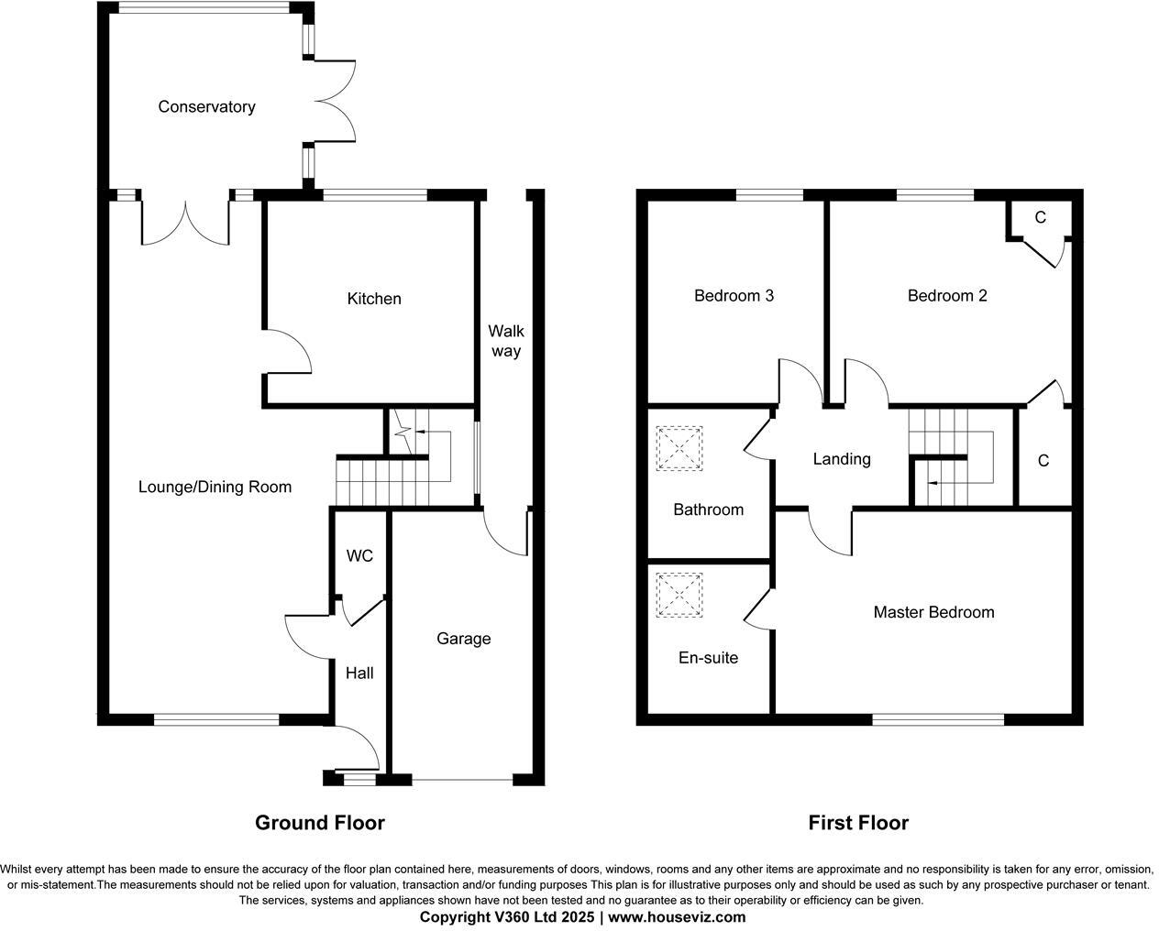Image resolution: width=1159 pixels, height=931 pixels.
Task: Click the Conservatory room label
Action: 206,107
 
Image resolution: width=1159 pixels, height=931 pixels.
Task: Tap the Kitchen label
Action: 374,299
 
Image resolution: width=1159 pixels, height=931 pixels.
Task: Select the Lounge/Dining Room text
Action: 215,487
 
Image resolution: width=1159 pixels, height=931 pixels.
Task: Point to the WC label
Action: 359,556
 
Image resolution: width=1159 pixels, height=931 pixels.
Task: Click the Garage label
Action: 463,639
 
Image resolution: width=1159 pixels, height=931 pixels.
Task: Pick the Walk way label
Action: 505,341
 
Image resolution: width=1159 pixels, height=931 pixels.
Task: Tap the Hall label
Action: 359,674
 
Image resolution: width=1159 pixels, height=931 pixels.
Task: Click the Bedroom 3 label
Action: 734,296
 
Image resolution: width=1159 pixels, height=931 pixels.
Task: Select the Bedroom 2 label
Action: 947,296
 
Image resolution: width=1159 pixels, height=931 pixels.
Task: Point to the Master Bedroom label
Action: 933,612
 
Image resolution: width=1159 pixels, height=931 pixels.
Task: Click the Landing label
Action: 841,459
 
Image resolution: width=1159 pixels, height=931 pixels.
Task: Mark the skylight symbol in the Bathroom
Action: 679,449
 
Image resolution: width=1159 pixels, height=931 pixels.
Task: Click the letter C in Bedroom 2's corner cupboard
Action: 1040,218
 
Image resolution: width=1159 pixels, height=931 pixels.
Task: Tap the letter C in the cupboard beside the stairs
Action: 1043,461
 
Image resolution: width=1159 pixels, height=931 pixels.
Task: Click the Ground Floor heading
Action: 319,823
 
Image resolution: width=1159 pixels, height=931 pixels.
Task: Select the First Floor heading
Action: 858,823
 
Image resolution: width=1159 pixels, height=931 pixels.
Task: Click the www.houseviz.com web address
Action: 677,916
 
